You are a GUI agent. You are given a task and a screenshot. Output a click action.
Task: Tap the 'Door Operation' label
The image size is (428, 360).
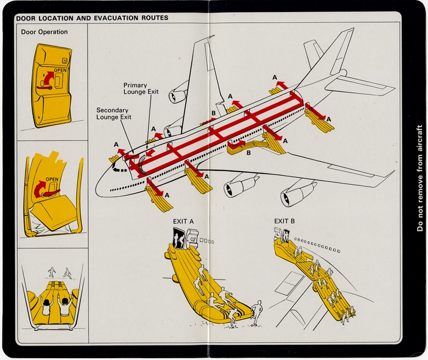[44, 32]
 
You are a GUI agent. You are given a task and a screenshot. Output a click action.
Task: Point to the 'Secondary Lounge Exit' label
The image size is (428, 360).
[114, 113]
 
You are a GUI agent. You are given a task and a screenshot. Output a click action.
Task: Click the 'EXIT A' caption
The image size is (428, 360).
[183, 221]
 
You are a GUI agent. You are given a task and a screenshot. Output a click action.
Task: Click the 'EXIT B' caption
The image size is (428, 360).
[285, 221]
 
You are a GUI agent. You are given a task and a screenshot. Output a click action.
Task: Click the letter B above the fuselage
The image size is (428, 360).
[213, 113]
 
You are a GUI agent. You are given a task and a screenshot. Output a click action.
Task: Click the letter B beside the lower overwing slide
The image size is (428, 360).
[249, 154]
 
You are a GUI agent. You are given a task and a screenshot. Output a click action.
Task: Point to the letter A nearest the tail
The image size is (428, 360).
[275, 77]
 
